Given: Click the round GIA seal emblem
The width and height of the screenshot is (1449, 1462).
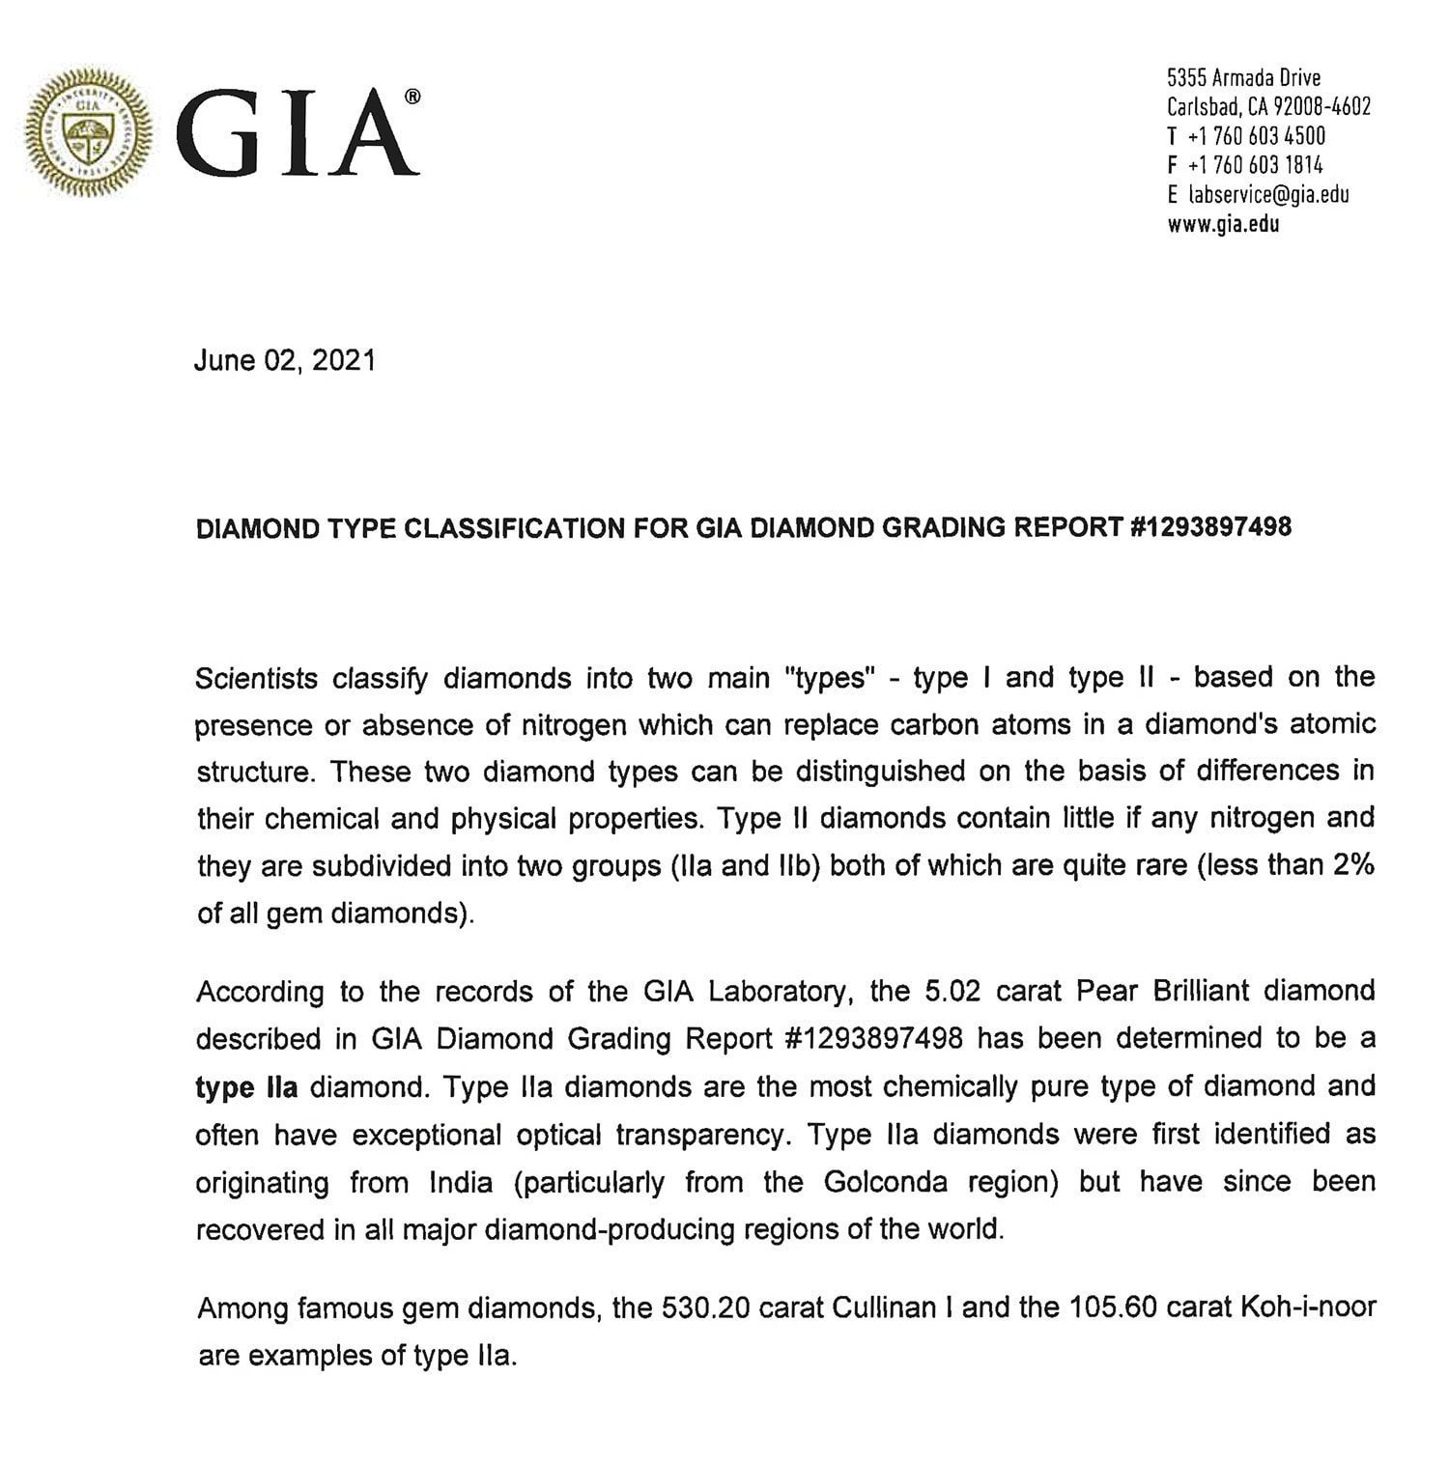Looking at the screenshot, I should click(x=88, y=132).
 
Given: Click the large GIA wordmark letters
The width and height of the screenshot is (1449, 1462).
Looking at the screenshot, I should click(x=297, y=134).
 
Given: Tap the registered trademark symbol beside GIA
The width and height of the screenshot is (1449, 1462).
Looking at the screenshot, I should click(x=412, y=97).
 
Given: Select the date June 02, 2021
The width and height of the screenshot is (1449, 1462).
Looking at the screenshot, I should click(x=284, y=360).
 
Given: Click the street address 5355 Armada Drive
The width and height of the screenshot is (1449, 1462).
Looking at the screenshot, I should click(x=1243, y=77).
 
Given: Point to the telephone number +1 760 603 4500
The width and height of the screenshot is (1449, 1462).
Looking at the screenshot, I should click(x=1256, y=136).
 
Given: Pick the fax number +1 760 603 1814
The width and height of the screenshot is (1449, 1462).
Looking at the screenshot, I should click(x=1255, y=165).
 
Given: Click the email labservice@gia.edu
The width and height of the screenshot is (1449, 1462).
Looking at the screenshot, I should click(x=1268, y=195).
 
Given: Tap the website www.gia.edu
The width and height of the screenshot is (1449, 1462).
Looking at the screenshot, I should click(x=1223, y=225).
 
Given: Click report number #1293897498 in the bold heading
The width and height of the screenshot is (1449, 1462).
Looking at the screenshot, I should click(x=1209, y=527).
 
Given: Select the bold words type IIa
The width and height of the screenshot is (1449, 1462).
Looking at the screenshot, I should click(x=246, y=1087).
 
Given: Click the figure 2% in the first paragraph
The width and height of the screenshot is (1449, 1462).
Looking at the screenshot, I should click(x=1353, y=864).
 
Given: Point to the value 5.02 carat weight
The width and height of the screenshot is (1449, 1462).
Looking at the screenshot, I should click(x=952, y=992).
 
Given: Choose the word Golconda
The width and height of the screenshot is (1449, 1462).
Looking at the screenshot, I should click(x=885, y=1182).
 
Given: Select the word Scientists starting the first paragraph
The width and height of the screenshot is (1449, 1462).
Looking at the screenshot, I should click(x=256, y=678).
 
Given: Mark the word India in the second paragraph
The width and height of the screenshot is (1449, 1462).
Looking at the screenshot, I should click(x=461, y=1182).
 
